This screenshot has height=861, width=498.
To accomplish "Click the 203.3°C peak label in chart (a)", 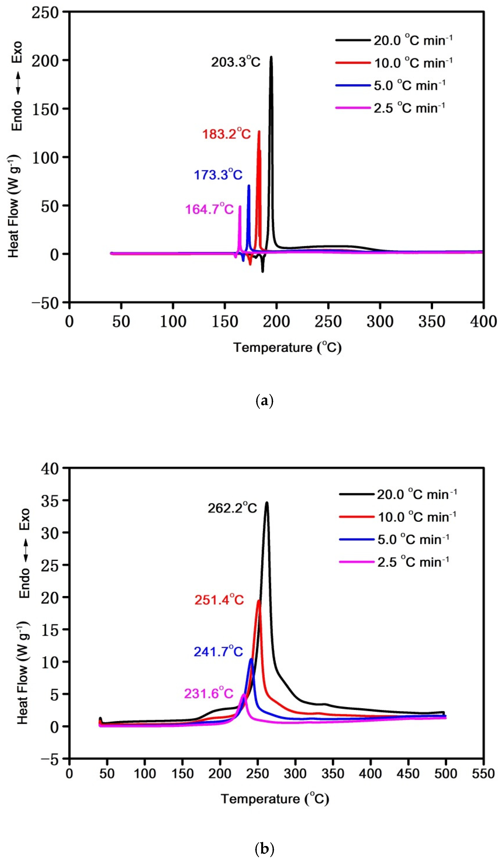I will pyautogui.click(x=235, y=62).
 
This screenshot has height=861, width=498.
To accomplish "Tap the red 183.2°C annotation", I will pyautogui.click(x=226, y=134).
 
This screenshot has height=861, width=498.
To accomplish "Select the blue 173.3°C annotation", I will pyautogui.click(x=218, y=175).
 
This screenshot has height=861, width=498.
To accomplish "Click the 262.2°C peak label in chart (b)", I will pyautogui.click(x=232, y=508).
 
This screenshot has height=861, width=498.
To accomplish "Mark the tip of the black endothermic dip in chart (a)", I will pyautogui.click(x=262, y=272).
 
